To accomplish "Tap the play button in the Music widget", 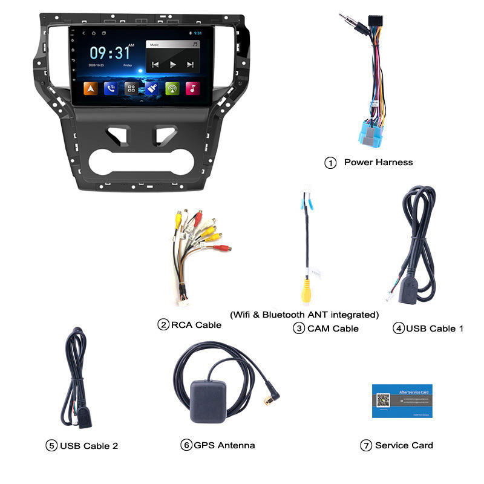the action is tap(173, 64).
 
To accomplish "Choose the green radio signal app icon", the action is tap(172, 88).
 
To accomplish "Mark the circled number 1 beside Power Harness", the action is tap(330, 163).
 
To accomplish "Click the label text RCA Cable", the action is tap(196, 325).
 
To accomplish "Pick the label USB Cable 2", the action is tap(88, 446).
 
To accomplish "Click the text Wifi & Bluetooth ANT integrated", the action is tap(304, 315).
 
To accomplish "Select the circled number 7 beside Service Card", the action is tap(365, 445).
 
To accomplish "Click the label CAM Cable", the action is tap(333, 329).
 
